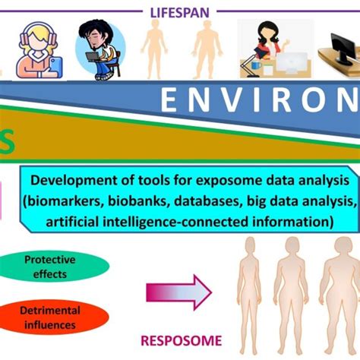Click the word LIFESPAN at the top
point(179,11)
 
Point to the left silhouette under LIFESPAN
point(156,49)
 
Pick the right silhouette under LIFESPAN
point(206,49)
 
